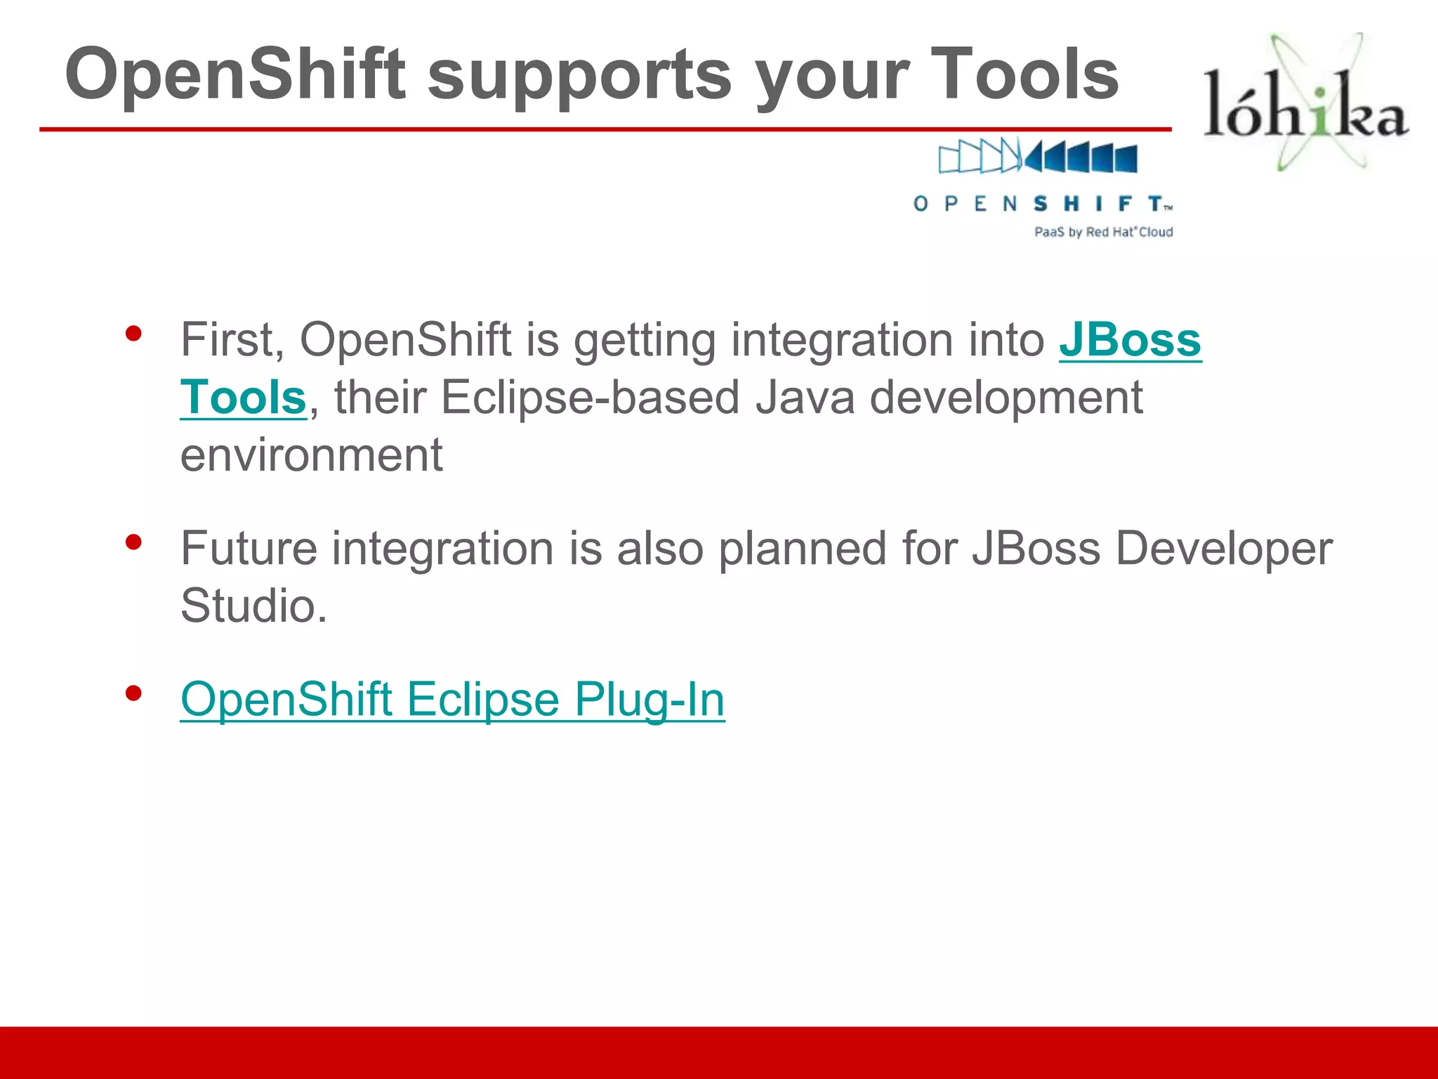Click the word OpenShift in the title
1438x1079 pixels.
[235, 74]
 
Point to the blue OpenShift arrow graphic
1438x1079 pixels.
[1038, 156]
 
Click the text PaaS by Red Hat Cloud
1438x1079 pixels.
[1103, 232]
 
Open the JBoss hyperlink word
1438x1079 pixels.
[1130, 340]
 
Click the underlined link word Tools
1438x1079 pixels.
[243, 398]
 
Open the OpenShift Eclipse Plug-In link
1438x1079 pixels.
[452, 700]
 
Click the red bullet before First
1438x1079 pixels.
[133, 334]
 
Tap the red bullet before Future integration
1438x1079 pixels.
[133, 542]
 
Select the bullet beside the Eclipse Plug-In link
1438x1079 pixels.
[133, 694]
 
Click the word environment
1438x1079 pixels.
[311, 455]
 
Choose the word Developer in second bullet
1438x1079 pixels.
[1223, 549]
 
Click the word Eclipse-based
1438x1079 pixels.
[590, 398]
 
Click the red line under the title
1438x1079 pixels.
[604, 129]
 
